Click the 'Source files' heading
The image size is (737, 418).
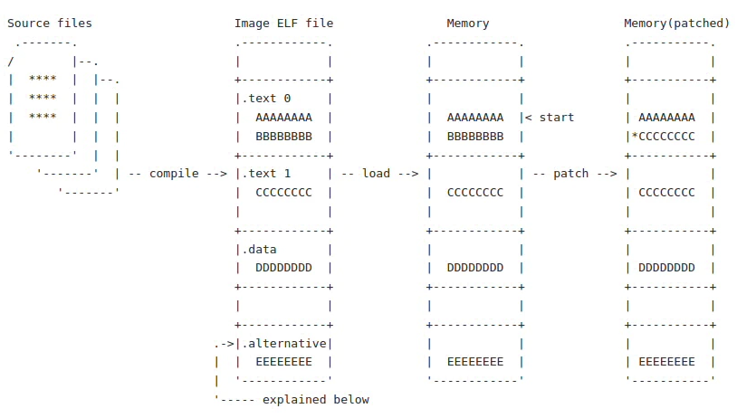tap(50, 23)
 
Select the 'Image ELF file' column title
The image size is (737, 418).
tap(283, 23)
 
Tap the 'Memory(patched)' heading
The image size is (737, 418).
tap(676, 23)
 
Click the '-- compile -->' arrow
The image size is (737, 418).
tap(177, 173)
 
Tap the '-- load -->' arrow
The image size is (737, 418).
tap(379, 173)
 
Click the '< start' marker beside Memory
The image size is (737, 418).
tap(550, 118)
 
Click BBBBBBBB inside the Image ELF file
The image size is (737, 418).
tap(283, 137)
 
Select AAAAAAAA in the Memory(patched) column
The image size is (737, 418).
tap(667, 118)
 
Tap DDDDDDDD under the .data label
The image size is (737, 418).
tap(283, 268)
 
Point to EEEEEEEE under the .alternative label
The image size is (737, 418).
tap(283, 362)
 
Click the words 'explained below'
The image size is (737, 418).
tap(316, 399)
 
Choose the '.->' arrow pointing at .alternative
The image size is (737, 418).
tap(224, 343)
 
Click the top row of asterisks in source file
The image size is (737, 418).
tap(43, 80)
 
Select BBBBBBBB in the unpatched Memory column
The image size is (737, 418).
tap(475, 137)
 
